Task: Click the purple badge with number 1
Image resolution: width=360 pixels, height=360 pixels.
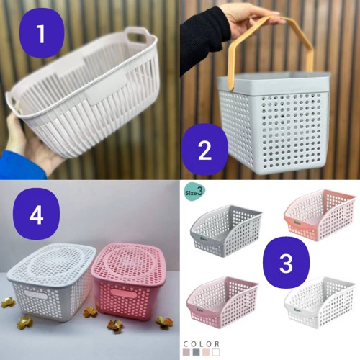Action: point(42,33)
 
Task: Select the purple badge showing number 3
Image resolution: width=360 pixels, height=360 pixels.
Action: point(286,262)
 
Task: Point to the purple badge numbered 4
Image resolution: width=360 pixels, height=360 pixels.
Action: point(37,214)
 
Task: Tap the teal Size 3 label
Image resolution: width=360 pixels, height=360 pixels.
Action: point(195,192)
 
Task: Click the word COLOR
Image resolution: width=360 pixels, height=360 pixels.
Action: point(201,344)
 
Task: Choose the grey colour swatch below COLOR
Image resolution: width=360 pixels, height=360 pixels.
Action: point(197,352)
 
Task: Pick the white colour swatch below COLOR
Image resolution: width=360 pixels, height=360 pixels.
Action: point(216,352)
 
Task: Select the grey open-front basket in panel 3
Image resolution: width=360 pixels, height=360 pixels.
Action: point(225,230)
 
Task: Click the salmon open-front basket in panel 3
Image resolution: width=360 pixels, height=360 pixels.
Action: point(320,214)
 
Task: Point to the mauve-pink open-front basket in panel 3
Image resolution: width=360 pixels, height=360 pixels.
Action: point(222,302)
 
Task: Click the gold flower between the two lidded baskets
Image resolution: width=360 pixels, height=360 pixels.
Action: point(90,312)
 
